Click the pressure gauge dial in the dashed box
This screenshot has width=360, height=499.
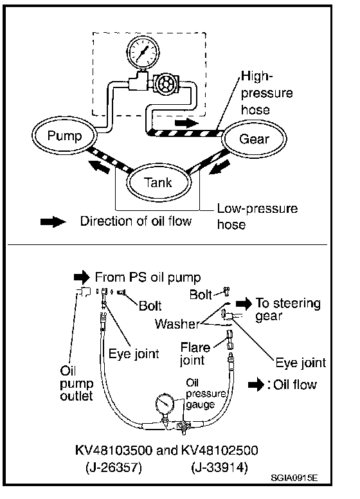pos(143,52)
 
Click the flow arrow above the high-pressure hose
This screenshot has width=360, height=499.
pos(186,123)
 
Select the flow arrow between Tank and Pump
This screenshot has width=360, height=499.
pos(99,166)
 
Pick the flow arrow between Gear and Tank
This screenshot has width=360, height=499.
pos(219,167)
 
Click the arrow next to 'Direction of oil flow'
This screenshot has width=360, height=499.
pos(53,221)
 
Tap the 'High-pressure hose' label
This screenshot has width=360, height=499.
pos(267,93)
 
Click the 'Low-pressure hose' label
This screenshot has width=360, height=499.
pos(257,217)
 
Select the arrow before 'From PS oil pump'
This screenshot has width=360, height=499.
pos(82,277)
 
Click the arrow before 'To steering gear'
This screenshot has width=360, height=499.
pos(244,304)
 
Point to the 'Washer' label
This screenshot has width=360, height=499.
pos(177,324)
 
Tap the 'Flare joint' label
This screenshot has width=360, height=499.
pos(195,354)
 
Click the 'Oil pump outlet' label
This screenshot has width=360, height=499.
pos(76,383)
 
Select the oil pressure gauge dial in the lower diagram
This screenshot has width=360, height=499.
pos(165,404)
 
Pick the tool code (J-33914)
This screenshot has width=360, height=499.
pos(219,467)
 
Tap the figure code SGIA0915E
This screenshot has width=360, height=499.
pos(294,478)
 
